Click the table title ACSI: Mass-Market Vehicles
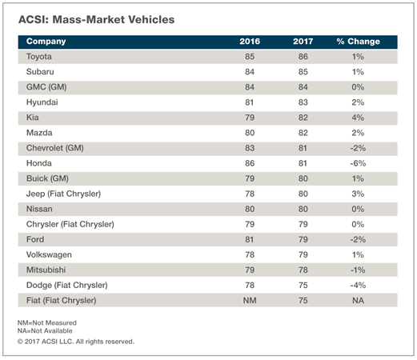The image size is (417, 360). click(96, 20)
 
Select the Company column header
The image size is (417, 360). click(46, 42)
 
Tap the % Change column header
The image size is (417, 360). click(358, 42)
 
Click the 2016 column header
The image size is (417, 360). click(250, 42)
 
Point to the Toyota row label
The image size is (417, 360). click(39, 57)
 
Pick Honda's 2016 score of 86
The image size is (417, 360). click(250, 163)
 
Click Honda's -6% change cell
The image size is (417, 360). click(358, 163)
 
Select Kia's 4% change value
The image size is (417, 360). click(358, 118)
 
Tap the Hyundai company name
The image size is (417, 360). click(42, 102)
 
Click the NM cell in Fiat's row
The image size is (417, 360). click(250, 301)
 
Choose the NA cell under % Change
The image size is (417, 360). click(358, 301)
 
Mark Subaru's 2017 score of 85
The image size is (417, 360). click(303, 72)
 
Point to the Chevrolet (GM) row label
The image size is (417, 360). click(55, 148)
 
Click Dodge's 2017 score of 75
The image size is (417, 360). click(303, 286)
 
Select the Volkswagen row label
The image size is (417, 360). click(49, 255)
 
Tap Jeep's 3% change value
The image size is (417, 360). click(358, 194)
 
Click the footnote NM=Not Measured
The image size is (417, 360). click(47, 323)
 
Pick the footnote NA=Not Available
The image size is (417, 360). click(45, 331)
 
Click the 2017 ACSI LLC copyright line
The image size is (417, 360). click(76, 342)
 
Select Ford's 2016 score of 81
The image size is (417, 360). click(249, 239)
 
